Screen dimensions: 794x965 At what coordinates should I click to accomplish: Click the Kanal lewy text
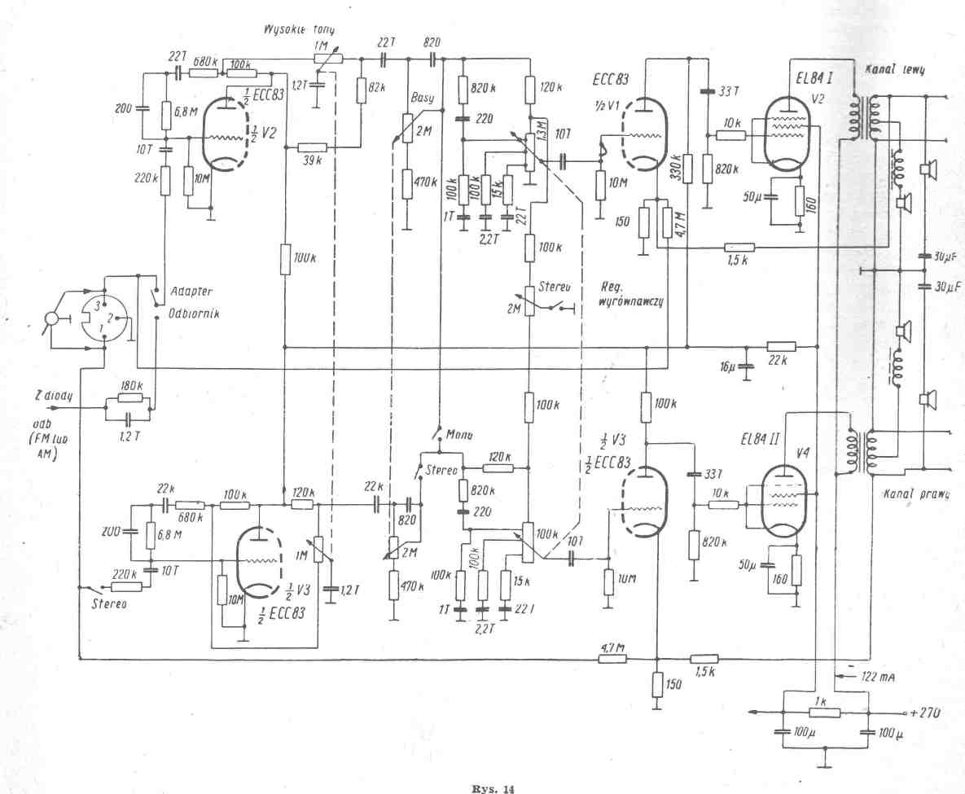[x=904, y=70]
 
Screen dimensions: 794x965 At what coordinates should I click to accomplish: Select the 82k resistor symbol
[x=361, y=92]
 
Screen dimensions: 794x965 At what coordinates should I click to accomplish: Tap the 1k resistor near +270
[x=825, y=713]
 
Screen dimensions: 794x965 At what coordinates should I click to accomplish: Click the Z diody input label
[x=54, y=395]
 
